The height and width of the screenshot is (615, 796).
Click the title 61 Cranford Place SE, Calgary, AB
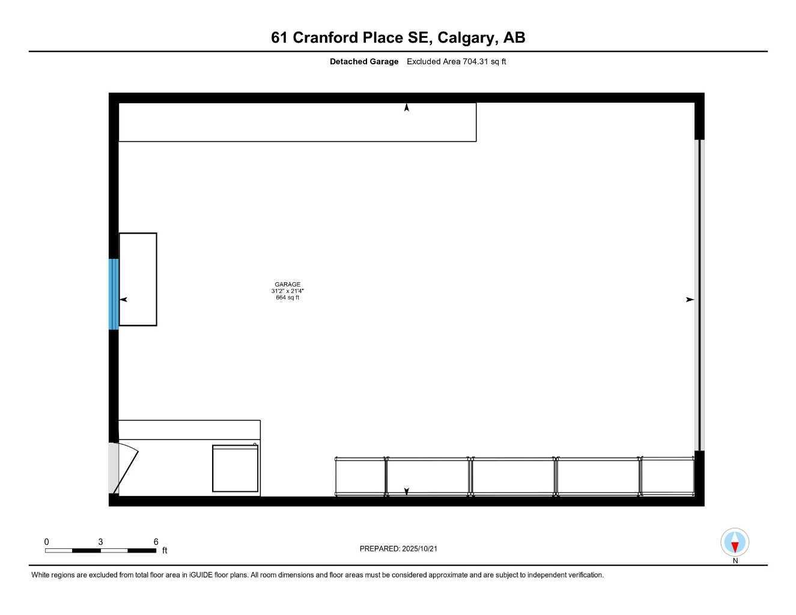(398, 38)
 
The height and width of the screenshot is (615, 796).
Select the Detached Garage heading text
(364, 61)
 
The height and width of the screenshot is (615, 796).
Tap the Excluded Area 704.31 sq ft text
(456, 61)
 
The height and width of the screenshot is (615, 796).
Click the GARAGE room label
(287, 285)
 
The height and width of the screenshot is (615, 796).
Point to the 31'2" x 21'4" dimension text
(287, 291)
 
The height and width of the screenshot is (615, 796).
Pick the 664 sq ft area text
(287, 298)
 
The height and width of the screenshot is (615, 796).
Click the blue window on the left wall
(114, 294)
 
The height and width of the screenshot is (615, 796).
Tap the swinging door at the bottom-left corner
(124, 468)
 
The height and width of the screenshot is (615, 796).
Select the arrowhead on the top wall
(407, 108)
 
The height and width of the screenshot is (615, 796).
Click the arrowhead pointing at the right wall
(690, 300)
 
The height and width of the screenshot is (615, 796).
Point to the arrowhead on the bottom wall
(407, 491)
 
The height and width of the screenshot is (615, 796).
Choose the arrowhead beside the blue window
(124, 300)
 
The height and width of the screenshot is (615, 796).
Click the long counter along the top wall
(297, 123)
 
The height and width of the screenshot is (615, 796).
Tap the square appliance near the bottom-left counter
(235, 468)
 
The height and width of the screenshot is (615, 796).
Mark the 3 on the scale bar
(100, 542)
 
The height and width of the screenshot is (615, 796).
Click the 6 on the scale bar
(156, 542)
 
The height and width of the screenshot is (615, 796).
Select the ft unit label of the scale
(165, 551)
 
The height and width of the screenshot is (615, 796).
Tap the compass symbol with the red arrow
(734, 543)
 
